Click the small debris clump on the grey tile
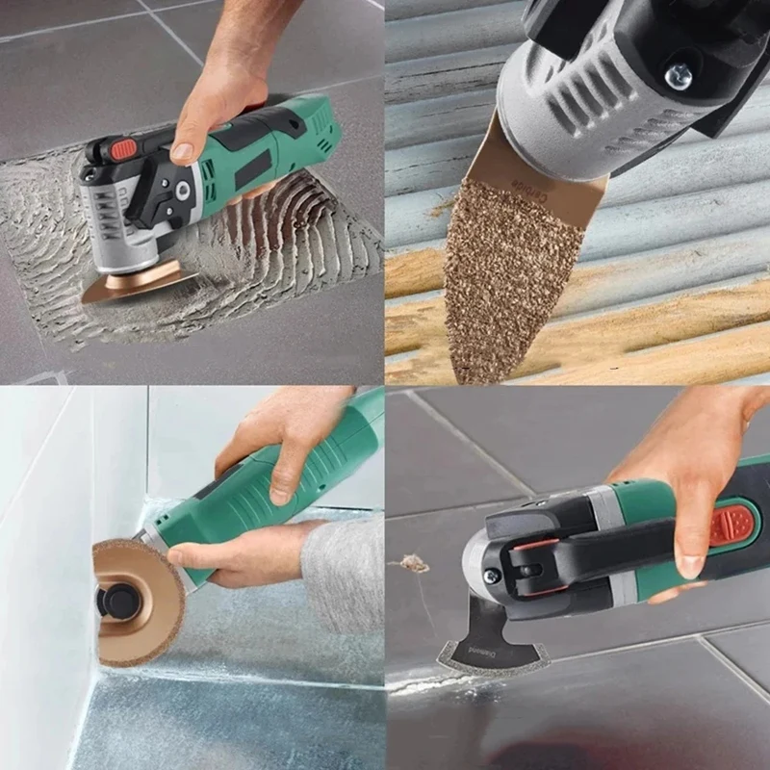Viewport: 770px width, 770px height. pyautogui.click(x=416, y=562)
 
